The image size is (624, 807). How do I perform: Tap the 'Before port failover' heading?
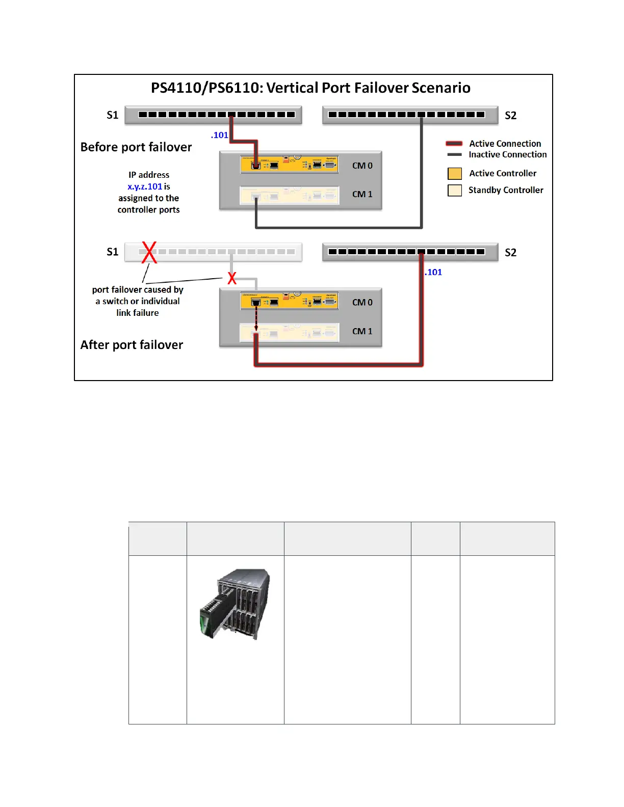click(136, 147)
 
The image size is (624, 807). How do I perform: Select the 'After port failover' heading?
click(132, 345)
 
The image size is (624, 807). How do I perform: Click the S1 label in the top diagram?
click(113, 115)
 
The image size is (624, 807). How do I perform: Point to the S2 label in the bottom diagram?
click(510, 253)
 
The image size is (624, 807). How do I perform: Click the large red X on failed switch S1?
click(149, 252)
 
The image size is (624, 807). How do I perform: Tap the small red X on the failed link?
click(232, 278)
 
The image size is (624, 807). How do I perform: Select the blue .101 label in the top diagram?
click(220, 135)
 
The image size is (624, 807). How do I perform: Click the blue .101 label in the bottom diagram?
click(433, 272)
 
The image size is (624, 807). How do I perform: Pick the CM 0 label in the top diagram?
click(362, 166)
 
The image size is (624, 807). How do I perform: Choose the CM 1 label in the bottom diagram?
click(362, 331)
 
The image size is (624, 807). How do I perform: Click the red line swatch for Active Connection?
click(454, 144)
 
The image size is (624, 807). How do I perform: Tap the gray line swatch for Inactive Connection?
click(454, 154)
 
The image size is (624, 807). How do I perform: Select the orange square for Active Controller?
click(454, 174)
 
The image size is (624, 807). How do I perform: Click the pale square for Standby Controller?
click(454, 191)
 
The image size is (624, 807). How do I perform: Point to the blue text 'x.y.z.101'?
click(145, 186)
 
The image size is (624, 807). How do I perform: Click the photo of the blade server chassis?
click(235, 604)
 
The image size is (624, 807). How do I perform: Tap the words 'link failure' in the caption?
click(138, 313)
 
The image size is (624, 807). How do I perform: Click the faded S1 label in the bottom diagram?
click(113, 252)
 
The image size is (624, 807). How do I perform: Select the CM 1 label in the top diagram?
click(362, 194)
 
